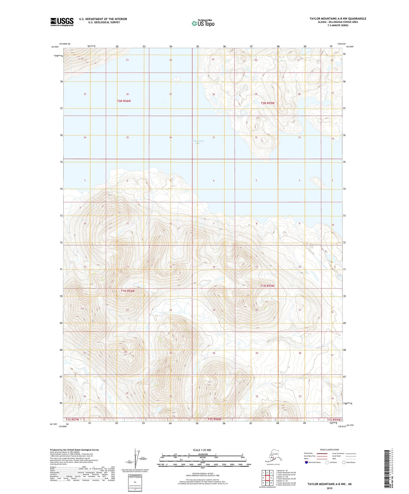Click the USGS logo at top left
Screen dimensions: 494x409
click(x=62, y=22)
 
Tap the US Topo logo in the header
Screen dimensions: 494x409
click(x=203, y=23)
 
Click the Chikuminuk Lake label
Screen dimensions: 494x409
click(x=198, y=142)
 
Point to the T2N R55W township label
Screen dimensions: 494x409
click(x=267, y=103)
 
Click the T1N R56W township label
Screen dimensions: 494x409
click(x=128, y=291)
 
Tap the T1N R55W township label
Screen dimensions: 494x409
click(x=267, y=286)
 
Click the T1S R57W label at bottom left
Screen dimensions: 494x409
click(x=73, y=420)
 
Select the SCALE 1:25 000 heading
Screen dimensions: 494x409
click(x=202, y=450)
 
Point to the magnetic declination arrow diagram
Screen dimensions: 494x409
click(x=136, y=457)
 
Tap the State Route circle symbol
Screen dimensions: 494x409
click(x=344, y=462)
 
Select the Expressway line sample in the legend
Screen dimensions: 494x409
click(x=323, y=454)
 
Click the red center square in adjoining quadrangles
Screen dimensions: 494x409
click(x=268, y=478)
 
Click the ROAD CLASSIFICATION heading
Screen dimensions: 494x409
click(x=330, y=450)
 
